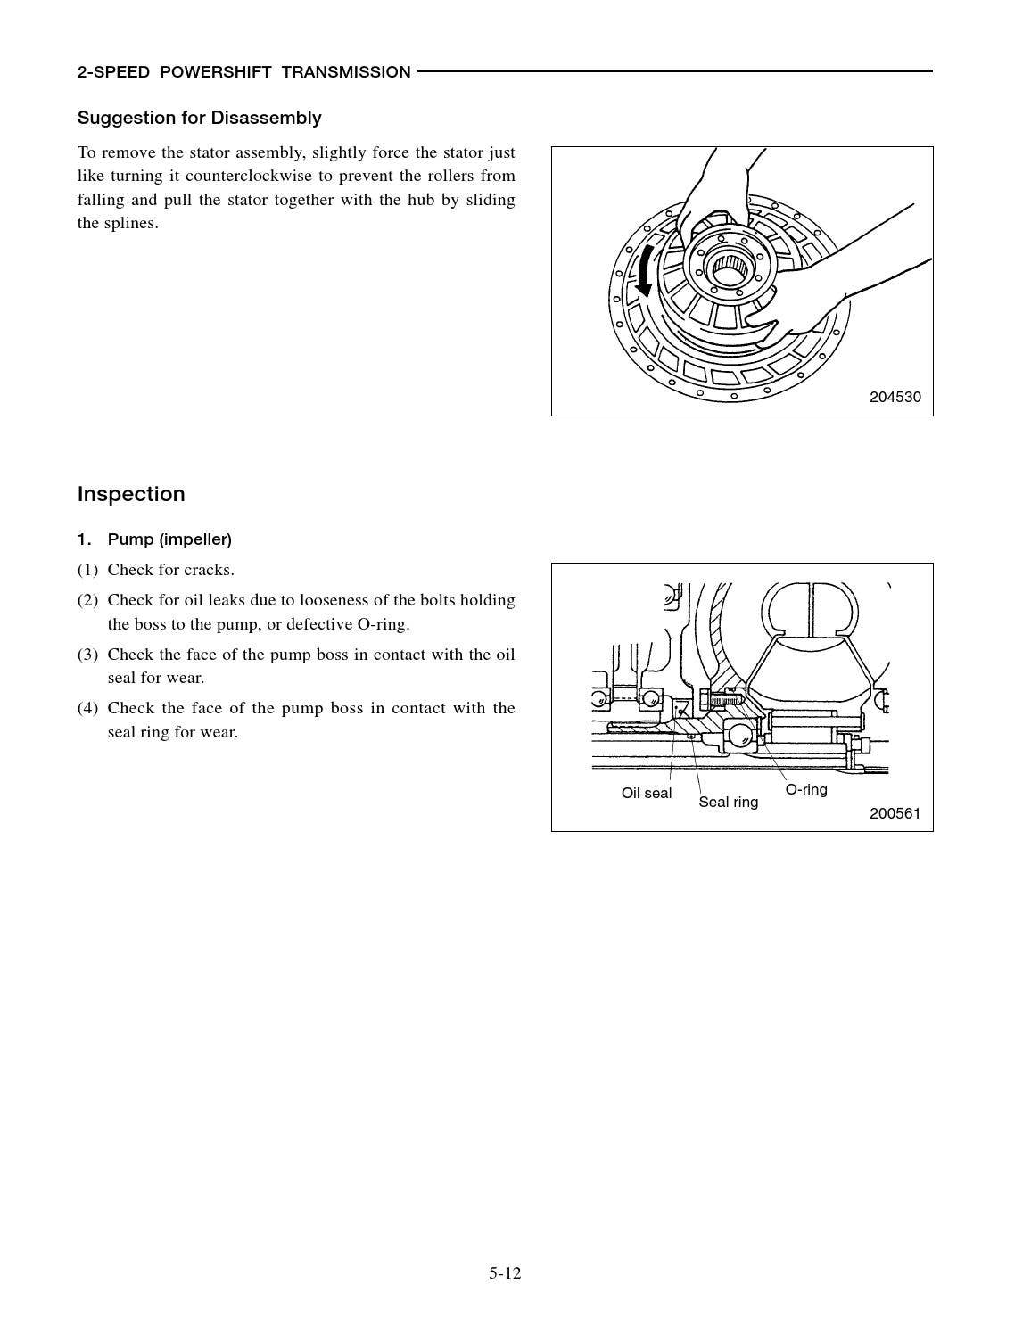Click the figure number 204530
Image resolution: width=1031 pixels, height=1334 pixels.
point(895,398)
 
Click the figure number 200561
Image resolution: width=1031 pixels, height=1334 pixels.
point(895,813)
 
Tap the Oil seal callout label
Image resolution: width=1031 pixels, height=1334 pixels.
point(647,793)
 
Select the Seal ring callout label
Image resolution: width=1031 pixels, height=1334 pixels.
point(728,802)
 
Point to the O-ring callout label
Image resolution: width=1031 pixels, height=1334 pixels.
point(806,789)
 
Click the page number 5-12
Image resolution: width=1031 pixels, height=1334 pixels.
point(505,1273)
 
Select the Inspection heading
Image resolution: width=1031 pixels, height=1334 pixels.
point(131,494)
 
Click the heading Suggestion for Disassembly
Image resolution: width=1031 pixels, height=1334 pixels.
point(199,118)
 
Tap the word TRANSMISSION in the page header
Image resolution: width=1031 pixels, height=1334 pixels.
point(346,72)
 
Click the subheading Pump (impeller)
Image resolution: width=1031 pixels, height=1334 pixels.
point(169,539)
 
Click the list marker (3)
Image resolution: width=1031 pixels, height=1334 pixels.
point(87,655)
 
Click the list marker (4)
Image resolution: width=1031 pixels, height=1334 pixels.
point(87,708)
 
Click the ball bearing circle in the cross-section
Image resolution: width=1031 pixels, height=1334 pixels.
point(742,736)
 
